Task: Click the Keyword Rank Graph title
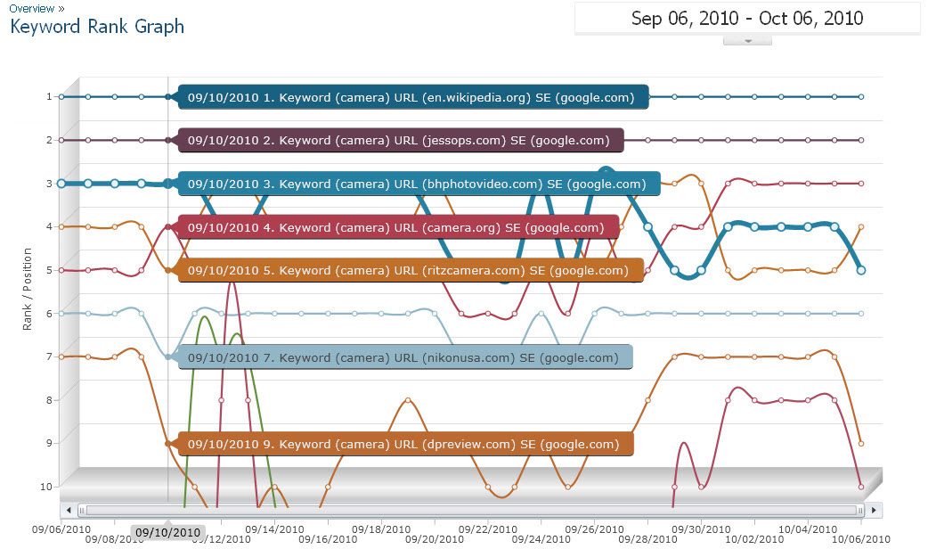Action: click(97, 27)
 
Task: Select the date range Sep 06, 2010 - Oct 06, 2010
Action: click(746, 18)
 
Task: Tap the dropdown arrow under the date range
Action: click(747, 40)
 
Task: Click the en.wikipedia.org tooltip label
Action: click(413, 97)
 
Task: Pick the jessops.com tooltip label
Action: click(401, 140)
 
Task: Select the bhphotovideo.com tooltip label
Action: click(419, 184)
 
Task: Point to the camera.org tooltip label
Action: click(398, 227)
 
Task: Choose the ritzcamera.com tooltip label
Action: click(411, 270)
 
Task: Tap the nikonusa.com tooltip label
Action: click(405, 357)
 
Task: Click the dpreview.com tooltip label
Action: click(405, 444)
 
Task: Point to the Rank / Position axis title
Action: click(28, 289)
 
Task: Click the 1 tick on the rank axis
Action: click(50, 96)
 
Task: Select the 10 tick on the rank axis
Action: click(47, 486)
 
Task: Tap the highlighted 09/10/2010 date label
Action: click(167, 532)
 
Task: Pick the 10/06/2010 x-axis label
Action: click(862, 537)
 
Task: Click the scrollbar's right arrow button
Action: click(875, 510)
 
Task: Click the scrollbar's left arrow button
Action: click(68, 510)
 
